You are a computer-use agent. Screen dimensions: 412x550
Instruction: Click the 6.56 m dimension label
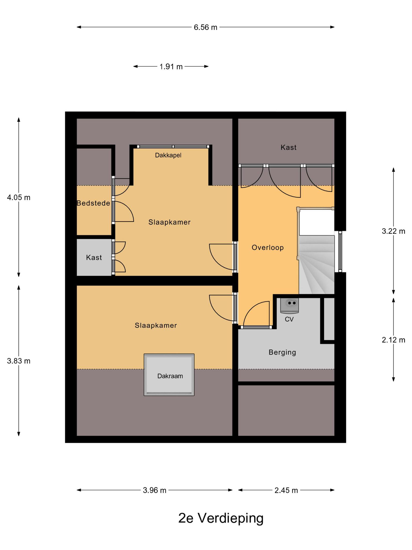205,27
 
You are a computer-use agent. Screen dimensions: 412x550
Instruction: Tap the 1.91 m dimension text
171,67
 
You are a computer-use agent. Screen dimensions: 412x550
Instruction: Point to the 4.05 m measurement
19,198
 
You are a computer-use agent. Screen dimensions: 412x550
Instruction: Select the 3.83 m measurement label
19,361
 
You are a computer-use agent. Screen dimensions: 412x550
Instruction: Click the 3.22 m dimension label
393,231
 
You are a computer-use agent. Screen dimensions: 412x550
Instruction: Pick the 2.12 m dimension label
393,340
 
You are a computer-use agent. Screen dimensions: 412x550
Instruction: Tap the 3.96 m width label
154,490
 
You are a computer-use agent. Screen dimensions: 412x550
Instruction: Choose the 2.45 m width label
286,490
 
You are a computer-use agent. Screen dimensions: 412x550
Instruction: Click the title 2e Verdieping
221,518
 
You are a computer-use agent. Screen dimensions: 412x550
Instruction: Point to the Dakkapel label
168,155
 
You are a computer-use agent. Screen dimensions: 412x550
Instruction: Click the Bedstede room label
93,203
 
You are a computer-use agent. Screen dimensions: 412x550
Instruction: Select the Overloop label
268,247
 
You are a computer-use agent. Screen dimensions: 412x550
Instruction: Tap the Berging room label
282,352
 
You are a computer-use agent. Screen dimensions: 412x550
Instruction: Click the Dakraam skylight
169,375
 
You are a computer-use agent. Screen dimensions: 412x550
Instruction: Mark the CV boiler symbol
289,306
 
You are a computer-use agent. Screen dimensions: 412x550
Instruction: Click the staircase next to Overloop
317,265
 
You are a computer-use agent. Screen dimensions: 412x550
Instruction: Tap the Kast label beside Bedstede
94,258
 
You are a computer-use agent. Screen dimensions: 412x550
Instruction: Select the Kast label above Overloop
289,147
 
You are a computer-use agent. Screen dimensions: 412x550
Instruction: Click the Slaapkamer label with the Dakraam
156,325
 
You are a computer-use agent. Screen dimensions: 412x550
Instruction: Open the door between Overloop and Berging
256,314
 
